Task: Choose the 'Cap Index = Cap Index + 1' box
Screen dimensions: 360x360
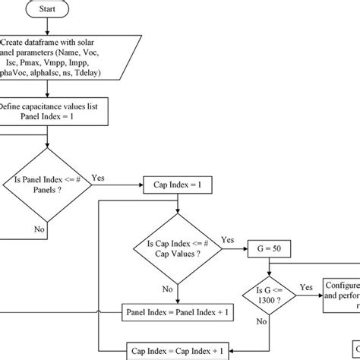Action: coord(176,350)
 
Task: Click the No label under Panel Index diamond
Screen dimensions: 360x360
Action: coord(39,228)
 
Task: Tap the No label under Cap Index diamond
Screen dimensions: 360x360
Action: coord(168,289)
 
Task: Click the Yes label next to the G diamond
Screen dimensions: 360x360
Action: coord(305,287)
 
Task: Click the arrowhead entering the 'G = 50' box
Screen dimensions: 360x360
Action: coord(245,247)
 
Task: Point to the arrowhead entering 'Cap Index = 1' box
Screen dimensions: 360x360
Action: coord(141,184)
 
